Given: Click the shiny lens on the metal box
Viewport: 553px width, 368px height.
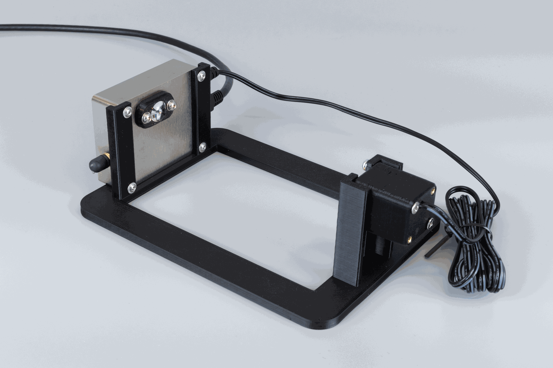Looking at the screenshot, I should [x=157, y=111].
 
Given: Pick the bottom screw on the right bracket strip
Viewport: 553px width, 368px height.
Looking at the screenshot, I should [x=202, y=147].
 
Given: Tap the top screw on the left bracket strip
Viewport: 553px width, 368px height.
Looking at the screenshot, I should [x=127, y=112].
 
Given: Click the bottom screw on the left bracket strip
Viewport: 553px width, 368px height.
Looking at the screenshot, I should [x=132, y=187].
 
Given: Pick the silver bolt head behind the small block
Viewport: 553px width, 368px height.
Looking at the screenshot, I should [x=365, y=164].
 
